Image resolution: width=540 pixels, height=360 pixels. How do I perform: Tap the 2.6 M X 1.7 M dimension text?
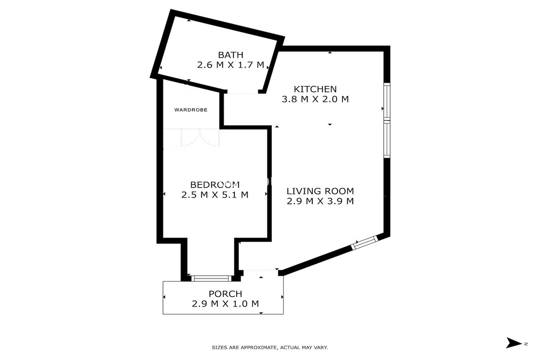click(x=230, y=65)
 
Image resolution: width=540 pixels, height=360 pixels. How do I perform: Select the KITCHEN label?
click(x=315, y=89)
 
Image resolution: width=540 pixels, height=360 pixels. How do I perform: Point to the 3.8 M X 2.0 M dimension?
click(x=315, y=99)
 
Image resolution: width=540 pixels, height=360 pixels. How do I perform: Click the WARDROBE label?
click(x=191, y=109)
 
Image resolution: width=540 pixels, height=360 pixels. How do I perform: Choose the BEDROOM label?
click(x=215, y=184)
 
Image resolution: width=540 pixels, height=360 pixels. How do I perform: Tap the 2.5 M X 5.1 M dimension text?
click(x=215, y=195)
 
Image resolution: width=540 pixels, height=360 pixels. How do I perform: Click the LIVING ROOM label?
click(x=320, y=191)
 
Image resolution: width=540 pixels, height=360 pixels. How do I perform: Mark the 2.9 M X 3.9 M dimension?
click(x=320, y=201)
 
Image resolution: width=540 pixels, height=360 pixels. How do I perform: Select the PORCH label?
click(x=225, y=294)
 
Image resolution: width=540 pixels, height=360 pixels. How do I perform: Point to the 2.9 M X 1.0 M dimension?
click(x=225, y=304)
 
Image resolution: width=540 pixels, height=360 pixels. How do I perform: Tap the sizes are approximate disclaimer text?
click(x=270, y=347)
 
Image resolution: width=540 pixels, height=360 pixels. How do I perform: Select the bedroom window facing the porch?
click(x=211, y=278)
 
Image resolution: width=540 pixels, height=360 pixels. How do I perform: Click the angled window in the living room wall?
click(x=364, y=243)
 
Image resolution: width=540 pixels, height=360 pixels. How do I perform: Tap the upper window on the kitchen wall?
click(x=386, y=101)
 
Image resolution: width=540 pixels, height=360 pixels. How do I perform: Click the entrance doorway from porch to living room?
click(x=261, y=271)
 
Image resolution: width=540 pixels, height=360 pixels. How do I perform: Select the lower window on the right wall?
click(x=386, y=139)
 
